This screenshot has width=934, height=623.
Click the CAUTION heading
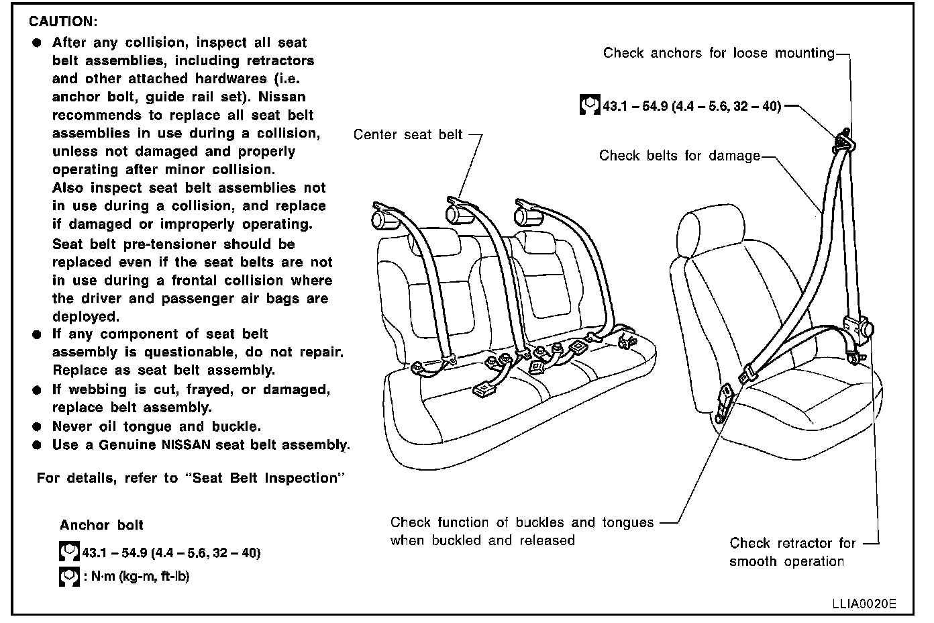click(63, 22)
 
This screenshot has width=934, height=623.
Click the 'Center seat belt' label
click(408, 135)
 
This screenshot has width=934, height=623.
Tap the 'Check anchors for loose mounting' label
click(719, 53)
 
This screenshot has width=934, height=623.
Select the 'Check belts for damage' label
click(679, 156)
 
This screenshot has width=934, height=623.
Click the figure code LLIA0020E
click(864, 603)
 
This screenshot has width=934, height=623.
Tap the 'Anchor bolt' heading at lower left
click(101, 526)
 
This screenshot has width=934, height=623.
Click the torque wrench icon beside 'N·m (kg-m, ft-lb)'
click(68, 576)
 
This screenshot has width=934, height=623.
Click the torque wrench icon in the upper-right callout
click(589, 106)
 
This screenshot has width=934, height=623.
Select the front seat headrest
click(711, 232)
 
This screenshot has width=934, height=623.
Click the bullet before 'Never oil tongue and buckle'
click(36, 427)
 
